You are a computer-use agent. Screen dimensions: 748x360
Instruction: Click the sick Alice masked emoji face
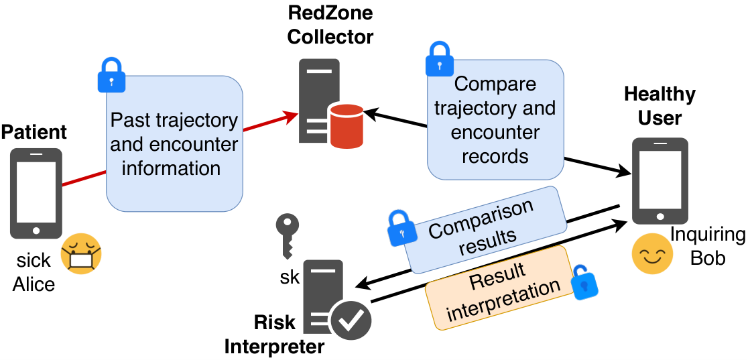(81, 253)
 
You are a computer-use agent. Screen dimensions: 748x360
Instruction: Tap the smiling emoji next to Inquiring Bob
(652, 253)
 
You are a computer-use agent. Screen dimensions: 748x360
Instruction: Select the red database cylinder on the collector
(346, 126)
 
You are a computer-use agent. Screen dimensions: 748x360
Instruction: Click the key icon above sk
(288, 237)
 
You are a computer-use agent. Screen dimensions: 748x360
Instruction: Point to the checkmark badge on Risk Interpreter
(351, 319)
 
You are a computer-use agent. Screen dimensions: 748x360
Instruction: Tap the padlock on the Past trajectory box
(111, 74)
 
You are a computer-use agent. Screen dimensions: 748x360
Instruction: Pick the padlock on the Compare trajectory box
(438, 58)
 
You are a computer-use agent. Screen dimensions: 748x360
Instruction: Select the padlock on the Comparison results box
(401, 227)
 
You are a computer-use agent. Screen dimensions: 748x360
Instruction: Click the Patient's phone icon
(36, 193)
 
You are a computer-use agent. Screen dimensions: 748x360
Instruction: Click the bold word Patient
(34, 132)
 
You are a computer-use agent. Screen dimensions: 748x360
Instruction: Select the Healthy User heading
(660, 105)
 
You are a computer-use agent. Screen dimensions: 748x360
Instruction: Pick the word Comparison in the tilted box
(481, 218)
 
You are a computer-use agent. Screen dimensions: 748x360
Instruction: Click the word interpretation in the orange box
(505, 300)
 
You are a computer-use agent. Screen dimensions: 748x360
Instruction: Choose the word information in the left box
(171, 168)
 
